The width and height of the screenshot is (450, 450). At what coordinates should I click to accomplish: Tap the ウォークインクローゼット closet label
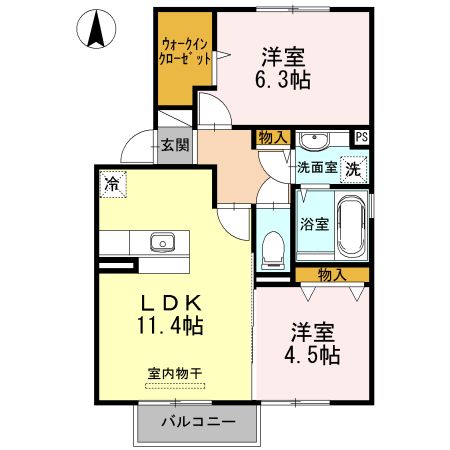(185, 51)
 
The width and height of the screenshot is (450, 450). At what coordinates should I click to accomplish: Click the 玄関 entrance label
(175, 144)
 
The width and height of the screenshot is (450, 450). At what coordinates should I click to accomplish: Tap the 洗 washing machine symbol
(353, 168)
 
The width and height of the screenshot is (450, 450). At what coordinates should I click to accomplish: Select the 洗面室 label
(316, 168)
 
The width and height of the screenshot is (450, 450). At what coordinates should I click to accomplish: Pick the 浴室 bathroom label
(314, 223)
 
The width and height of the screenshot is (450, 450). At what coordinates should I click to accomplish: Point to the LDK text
(171, 301)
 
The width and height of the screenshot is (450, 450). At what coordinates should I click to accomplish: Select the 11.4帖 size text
(171, 324)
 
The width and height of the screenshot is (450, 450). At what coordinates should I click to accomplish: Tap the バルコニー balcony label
(199, 421)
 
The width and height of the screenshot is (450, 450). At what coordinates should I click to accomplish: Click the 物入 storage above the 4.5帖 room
(332, 274)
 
